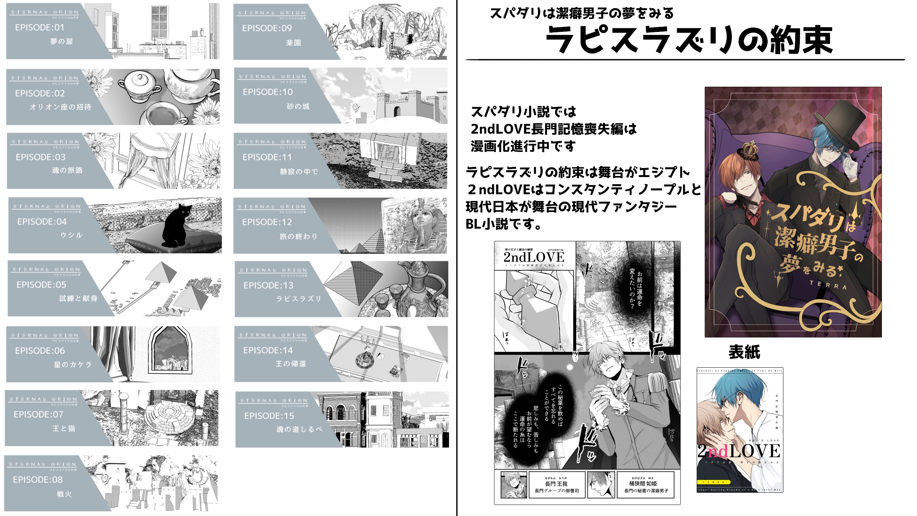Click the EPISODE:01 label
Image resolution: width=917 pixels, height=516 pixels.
(39, 28)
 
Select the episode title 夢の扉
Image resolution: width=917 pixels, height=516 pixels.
(62, 42)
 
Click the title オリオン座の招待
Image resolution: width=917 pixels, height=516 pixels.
(61, 107)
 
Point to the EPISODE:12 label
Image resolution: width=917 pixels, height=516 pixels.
(267, 222)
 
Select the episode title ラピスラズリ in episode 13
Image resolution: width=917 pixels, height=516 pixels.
(298, 298)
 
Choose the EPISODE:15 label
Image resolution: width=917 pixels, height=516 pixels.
(269, 416)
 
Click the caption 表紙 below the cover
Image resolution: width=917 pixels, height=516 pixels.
(744, 352)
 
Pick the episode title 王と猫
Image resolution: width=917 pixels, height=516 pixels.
(64, 428)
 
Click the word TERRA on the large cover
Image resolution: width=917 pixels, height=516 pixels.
(828, 285)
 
